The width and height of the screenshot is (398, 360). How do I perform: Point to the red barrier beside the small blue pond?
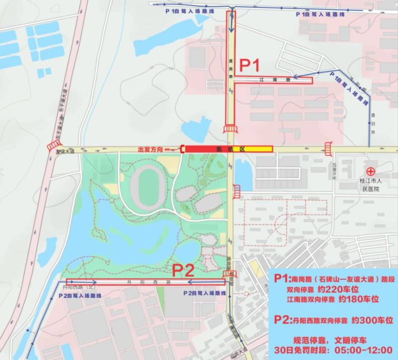pyautogui.click(x=236, y=190)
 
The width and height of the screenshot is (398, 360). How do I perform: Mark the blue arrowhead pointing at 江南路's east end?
pyautogui.click(x=296, y=77)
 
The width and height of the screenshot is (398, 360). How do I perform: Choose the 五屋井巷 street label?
pyautogui.click(x=335, y=169)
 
